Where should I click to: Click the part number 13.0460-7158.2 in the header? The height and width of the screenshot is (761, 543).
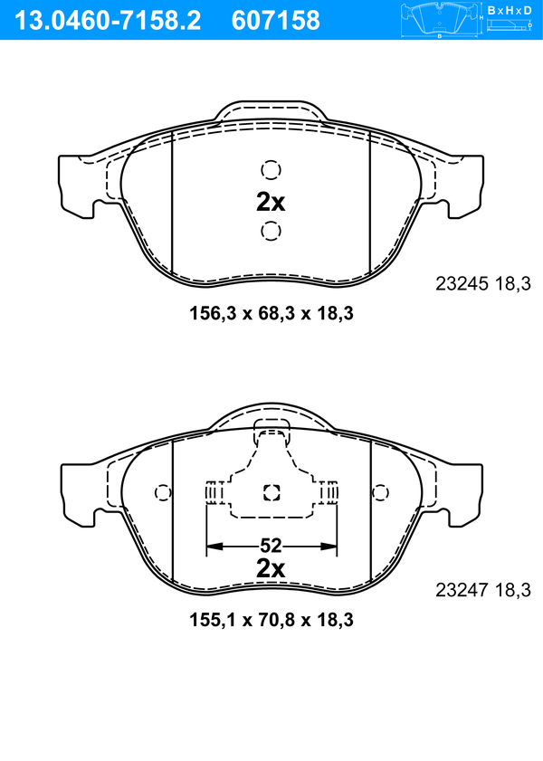[x=108, y=21]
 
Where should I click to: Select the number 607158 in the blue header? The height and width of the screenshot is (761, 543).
[x=276, y=21]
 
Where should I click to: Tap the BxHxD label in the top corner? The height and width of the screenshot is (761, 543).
[x=510, y=10]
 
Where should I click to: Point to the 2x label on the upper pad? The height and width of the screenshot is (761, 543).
[x=271, y=203]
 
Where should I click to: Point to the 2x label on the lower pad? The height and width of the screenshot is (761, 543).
[x=271, y=568]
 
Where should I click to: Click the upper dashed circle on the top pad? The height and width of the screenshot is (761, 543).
[x=271, y=170]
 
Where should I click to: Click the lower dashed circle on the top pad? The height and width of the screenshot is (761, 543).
[x=271, y=231]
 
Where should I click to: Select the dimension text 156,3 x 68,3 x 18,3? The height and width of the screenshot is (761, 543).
[x=271, y=313]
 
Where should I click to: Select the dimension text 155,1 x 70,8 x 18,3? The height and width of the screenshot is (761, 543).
[x=271, y=620]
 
